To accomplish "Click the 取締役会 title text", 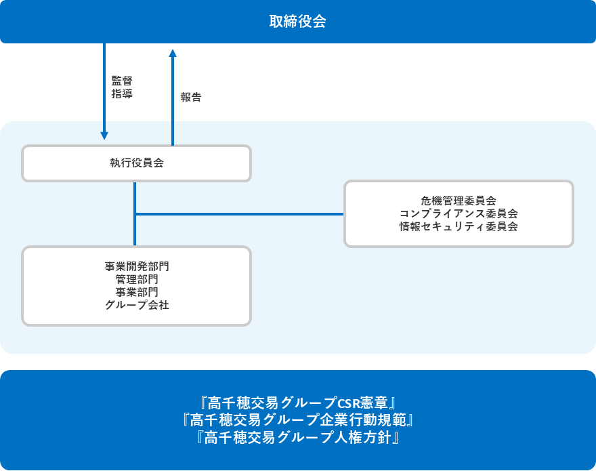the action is pos(297,21).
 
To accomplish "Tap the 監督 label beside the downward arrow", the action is pos(122,81).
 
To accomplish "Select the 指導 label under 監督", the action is pos(122,94).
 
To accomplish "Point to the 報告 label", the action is pos(191,97).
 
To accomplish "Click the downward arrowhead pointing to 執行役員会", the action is pos(104,136).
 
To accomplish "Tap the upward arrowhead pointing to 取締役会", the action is pos(173,54).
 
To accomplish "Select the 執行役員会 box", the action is pos(136,163).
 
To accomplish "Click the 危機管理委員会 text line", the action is pos(459,201).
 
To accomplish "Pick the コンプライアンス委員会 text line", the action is pos(459,213).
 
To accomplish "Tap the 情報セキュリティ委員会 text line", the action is pos(459,226).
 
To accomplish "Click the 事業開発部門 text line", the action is pos(137,266).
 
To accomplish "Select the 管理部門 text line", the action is pos(137,279).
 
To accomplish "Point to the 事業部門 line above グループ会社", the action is pos(137,292).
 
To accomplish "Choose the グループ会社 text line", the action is pos(137,305).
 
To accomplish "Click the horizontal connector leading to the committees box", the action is pos(240,214).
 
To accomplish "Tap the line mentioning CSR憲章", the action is pos(297,403).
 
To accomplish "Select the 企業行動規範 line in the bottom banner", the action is pos(297,420).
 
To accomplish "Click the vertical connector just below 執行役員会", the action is pos(135,214).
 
